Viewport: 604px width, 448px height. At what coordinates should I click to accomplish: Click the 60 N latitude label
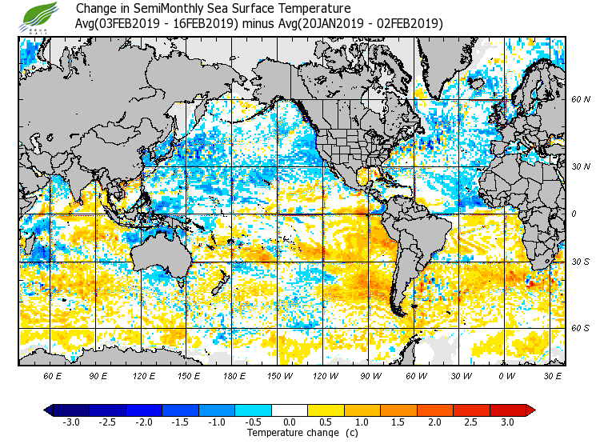[581, 100]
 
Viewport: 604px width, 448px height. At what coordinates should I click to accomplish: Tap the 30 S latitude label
[581, 262]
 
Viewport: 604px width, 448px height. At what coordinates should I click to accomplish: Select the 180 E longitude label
[234, 375]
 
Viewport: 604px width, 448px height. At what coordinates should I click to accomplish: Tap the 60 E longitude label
[53, 375]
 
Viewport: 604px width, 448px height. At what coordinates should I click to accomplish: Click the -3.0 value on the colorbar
[71, 422]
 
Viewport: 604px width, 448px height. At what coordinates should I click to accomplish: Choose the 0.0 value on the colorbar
[290, 422]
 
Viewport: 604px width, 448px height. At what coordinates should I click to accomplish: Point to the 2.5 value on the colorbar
[470, 422]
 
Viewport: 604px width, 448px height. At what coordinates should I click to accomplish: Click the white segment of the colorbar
[290, 410]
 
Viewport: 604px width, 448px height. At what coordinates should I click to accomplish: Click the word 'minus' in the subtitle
[261, 23]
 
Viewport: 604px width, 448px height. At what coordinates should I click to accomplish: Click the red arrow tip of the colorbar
[530, 410]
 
